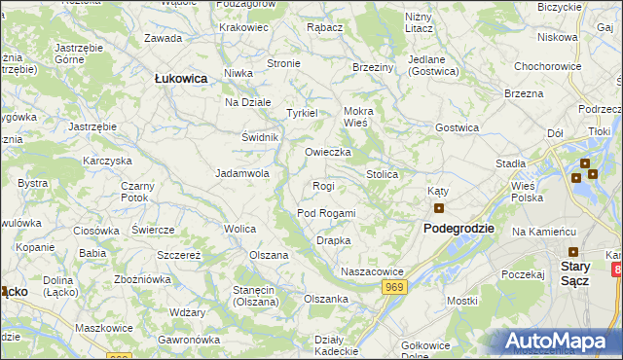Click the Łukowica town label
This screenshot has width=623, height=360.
pos(180,79)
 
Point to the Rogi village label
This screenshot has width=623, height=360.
pos(323,186)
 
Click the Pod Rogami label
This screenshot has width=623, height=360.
pos(326,213)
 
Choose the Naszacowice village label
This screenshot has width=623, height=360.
pos(372,271)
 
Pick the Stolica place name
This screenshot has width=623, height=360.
pos(382,174)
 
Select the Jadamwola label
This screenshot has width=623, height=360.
pos(241,174)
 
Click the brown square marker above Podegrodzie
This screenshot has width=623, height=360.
pos(439,207)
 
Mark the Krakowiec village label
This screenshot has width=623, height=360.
pos(243,27)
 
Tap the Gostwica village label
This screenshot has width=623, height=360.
pos(458,127)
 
